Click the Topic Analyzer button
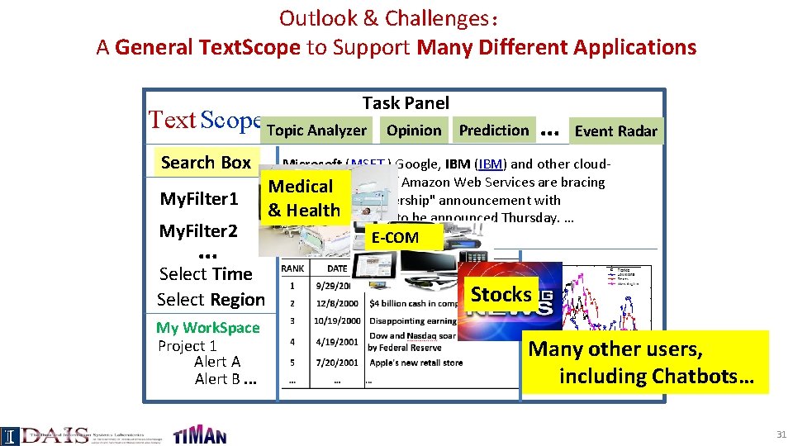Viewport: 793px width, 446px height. pyautogui.click(x=316, y=130)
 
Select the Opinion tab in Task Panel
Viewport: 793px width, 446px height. pyautogui.click(x=413, y=130)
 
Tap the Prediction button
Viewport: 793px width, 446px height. pyautogui.click(x=493, y=130)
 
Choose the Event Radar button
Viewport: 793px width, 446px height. pyautogui.click(x=615, y=130)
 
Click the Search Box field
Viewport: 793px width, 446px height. pyautogui.click(x=206, y=163)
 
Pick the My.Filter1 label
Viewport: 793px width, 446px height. pyautogui.click(x=198, y=199)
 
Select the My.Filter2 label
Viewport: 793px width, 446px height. pyautogui.click(x=198, y=230)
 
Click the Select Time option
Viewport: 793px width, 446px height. pyautogui.click(x=206, y=273)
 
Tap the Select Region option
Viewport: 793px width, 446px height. pyautogui.click(x=211, y=300)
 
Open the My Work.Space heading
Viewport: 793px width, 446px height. pyautogui.click(x=207, y=328)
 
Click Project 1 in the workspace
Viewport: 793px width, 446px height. pyautogui.click(x=187, y=346)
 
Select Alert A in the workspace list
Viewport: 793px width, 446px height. pyautogui.click(x=217, y=362)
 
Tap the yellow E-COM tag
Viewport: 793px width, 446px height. pyautogui.click(x=395, y=238)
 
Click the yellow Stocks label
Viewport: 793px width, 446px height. pyautogui.click(x=501, y=295)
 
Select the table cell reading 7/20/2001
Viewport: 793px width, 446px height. pyautogui.click(x=337, y=363)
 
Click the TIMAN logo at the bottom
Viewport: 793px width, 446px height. pyautogui.click(x=199, y=433)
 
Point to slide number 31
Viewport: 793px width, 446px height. pyautogui.click(x=780, y=434)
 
